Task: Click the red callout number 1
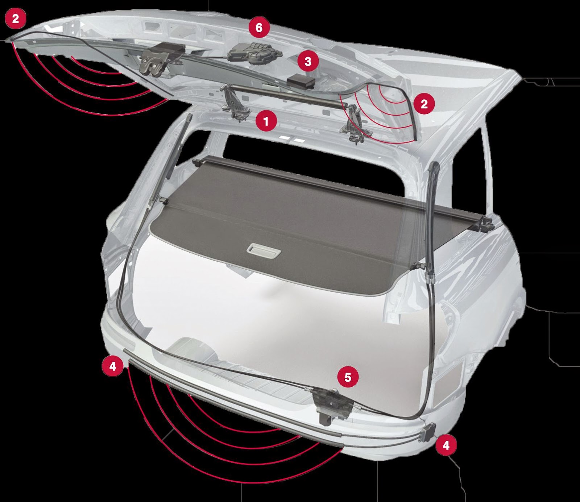(x=266, y=121)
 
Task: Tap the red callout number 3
(x=308, y=61)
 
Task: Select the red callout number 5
(x=348, y=377)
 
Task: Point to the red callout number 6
(x=259, y=28)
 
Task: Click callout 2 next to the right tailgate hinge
(x=424, y=104)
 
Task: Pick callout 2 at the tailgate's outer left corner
(x=15, y=18)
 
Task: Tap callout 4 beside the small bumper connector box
(x=446, y=445)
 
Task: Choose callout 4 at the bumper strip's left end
(x=113, y=366)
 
